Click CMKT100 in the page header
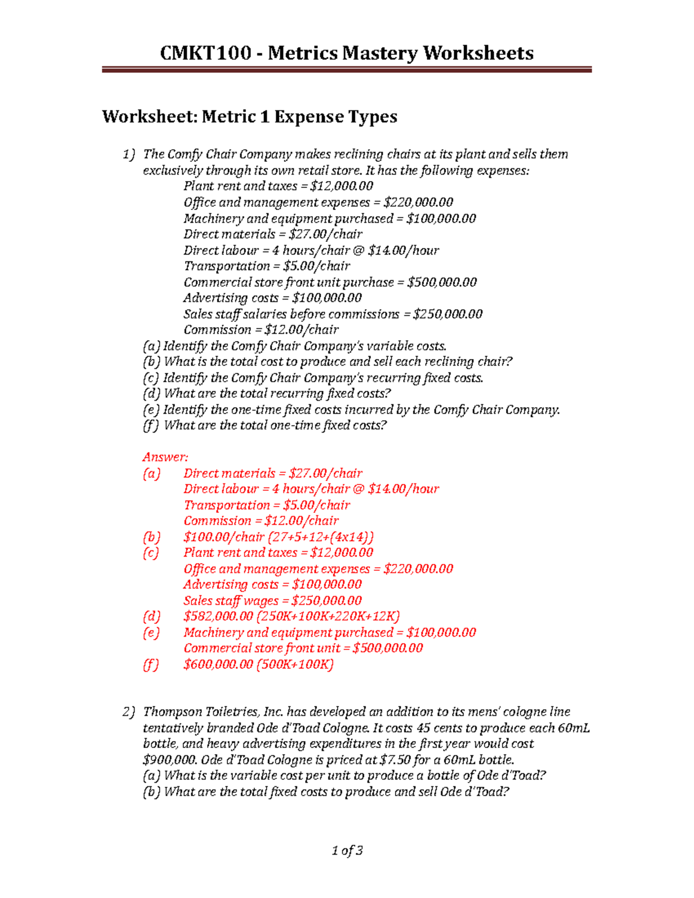pos(205,53)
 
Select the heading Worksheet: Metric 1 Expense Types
pos(249,117)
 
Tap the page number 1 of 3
pos(347,850)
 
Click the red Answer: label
pos(165,457)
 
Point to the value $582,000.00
pos(218,616)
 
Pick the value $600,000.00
pos(218,664)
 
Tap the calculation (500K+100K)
pos(295,664)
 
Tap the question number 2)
pos(128,712)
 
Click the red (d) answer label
pos(151,616)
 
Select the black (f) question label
pos(150,426)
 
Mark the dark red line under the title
pos(347,69)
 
